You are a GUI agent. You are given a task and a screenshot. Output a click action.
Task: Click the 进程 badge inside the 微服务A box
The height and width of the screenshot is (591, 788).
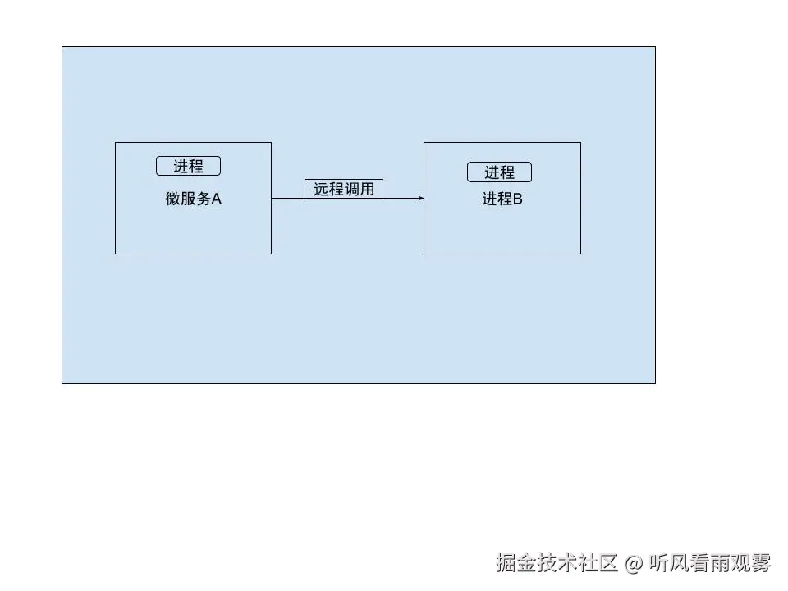coord(188,166)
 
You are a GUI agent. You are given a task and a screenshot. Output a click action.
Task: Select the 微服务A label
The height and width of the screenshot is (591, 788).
coord(194,199)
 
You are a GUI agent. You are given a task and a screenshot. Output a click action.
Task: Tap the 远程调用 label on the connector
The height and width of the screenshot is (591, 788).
coord(344,189)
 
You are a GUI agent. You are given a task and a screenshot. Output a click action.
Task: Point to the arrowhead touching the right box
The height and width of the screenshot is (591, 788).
coord(420,198)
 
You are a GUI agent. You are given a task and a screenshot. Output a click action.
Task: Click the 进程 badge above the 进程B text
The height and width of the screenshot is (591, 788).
coord(499,172)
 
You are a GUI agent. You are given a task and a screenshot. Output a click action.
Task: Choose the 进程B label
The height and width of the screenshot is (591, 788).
coord(502,199)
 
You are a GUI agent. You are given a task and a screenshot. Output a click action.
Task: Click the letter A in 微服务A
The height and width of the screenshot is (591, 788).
coord(217,199)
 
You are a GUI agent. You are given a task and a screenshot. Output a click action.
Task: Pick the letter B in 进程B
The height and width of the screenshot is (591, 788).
coord(518,199)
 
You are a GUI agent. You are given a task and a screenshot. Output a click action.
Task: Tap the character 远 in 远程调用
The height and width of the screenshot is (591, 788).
coord(321,189)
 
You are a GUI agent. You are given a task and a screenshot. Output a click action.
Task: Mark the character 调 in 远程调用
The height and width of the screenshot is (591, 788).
coord(352,189)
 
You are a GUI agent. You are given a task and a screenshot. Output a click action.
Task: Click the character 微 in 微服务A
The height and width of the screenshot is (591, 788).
coord(173,199)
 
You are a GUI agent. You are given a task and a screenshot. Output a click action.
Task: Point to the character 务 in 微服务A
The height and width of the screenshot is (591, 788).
coord(204,199)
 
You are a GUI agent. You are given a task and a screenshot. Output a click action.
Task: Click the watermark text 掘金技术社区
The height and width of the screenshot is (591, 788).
coord(556,563)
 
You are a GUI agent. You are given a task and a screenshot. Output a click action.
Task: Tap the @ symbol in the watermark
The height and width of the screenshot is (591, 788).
coord(633,564)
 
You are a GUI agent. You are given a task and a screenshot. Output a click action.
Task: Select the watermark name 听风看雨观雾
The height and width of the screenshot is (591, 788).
coord(710,563)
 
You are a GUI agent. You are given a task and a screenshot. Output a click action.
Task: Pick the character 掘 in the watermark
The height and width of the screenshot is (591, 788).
coord(505,563)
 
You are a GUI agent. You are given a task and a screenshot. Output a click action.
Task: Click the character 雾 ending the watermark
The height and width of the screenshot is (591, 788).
coord(761,563)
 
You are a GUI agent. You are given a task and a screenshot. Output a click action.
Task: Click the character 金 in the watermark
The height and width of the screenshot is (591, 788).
coord(525,563)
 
